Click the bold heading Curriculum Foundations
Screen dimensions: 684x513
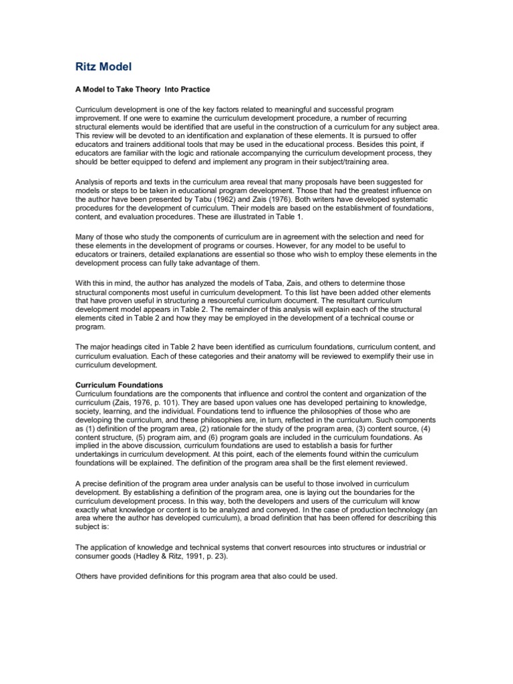click(120, 385)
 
